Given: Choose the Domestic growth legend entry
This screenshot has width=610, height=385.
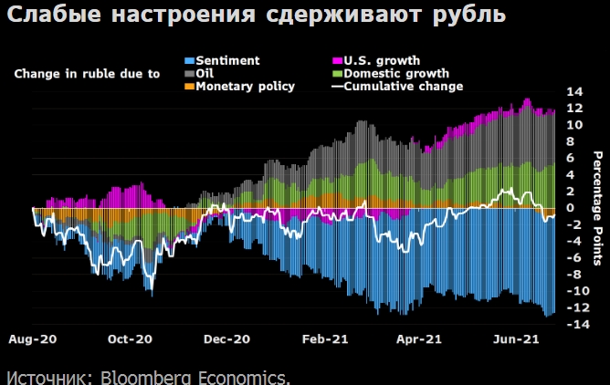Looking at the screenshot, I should coord(392,73).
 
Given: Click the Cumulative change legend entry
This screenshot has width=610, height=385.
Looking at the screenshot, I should coord(403,86).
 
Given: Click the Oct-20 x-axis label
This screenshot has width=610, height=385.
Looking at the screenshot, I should coord(130,338).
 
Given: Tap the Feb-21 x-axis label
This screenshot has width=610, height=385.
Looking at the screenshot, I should coord(324,338).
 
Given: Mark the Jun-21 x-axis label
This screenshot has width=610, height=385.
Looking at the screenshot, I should coord(515,338).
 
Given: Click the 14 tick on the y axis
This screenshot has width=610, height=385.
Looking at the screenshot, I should coord(574,92).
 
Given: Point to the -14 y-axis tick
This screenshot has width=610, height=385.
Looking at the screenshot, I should coord(573,324).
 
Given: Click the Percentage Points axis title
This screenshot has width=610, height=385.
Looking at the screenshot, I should coord(598,208).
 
